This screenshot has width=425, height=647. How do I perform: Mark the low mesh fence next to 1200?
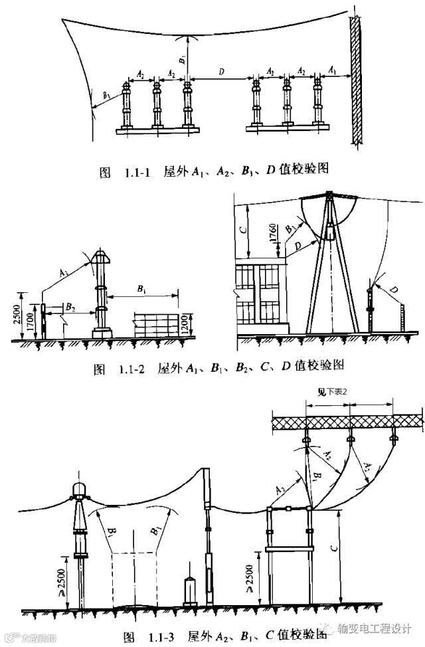(x=157, y=325)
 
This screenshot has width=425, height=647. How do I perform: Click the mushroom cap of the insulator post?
(x=101, y=256)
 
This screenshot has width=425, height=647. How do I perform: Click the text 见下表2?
(x=333, y=391)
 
